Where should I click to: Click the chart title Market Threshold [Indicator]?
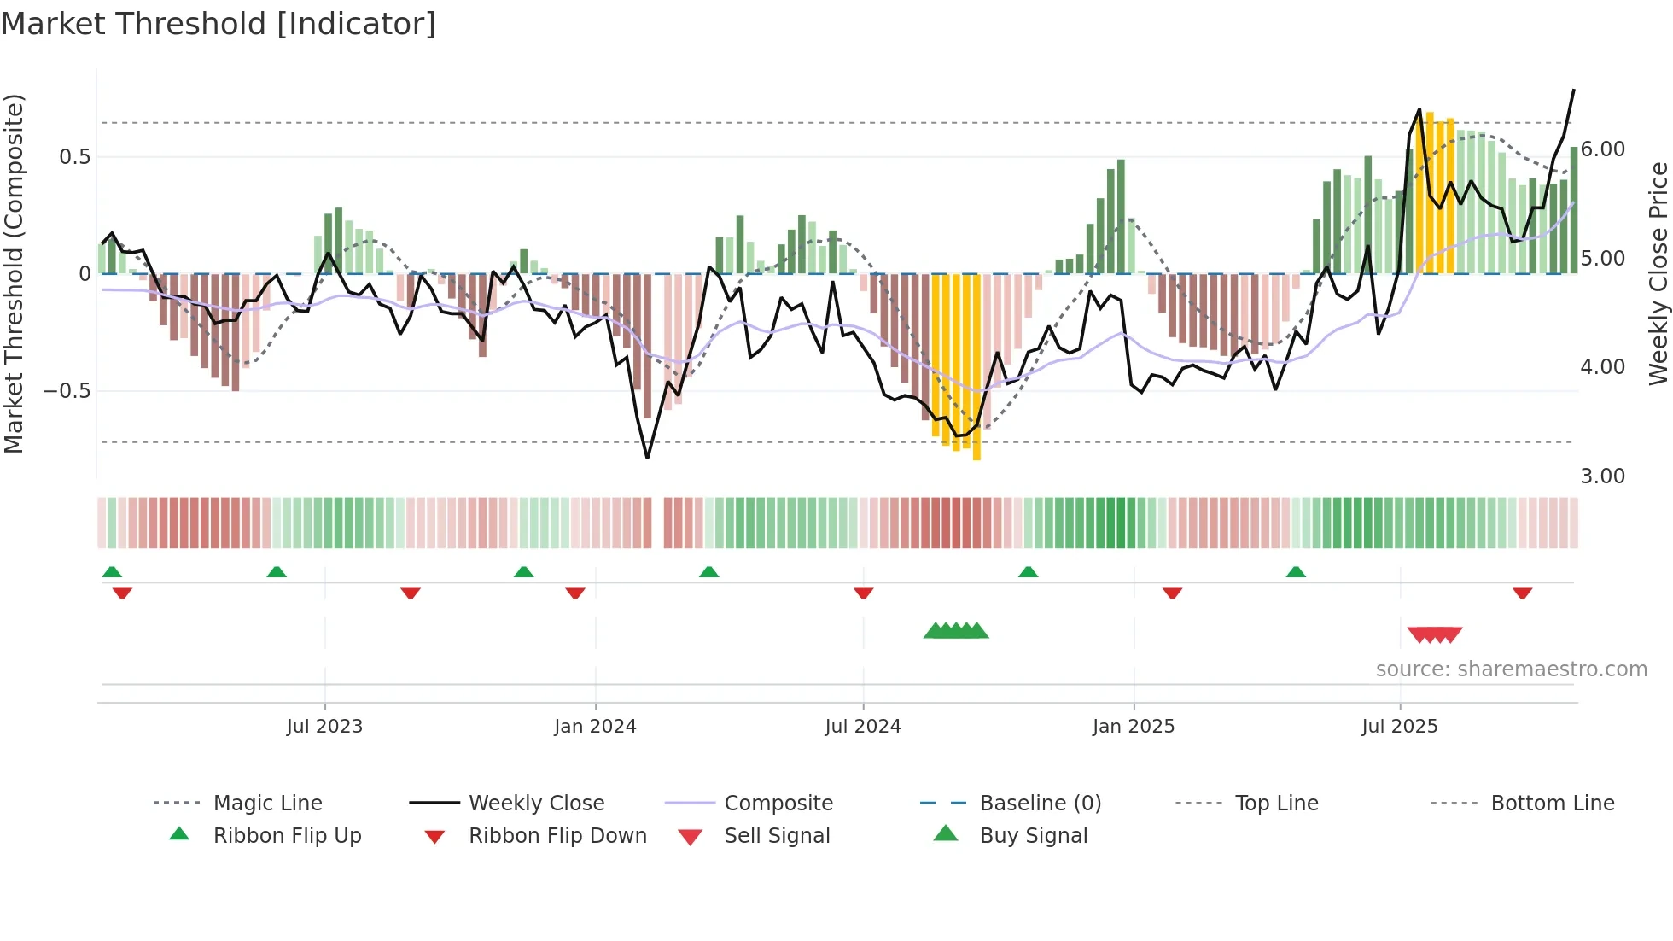(x=219, y=24)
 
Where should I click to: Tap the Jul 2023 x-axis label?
(x=324, y=727)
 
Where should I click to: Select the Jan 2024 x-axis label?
(x=595, y=727)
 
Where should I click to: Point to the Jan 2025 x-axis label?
(x=1134, y=727)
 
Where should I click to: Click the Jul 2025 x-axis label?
(x=1400, y=727)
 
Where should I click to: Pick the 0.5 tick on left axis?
(x=74, y=157)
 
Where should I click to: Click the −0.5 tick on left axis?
(x=67, y=391)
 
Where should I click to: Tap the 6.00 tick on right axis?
(x=1603, y=149)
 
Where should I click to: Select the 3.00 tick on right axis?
(x=1603, y=476)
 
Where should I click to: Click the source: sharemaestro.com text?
(x=1511, y=669)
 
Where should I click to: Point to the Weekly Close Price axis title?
(x=1658, y=273)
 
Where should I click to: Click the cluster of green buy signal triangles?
(x=956, y=632)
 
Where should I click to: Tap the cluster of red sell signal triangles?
(x=1435, y=634)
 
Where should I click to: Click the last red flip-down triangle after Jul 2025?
(x=1522, y=593)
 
